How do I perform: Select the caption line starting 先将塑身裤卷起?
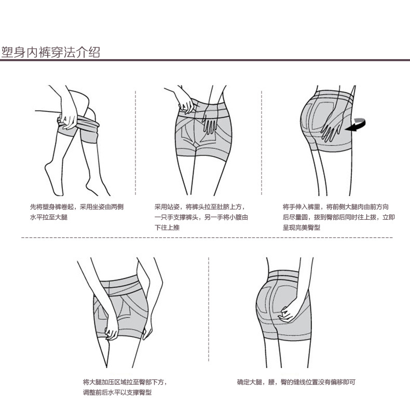(77, 206)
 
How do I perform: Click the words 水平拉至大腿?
(49, 217)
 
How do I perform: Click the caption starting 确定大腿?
(296, 382)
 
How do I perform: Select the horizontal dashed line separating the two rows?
(205, 237)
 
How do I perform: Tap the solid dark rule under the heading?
(205, 61)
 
